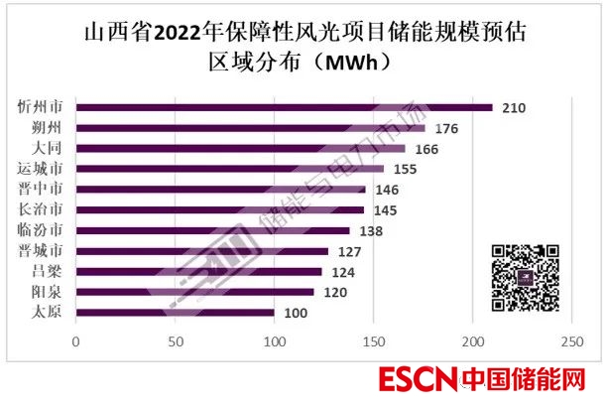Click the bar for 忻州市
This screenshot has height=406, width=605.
coord(284,107)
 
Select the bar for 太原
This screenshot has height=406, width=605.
coord(175,313)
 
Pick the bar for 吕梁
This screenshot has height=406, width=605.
coord(198,271)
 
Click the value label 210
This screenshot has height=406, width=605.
coord(512,107)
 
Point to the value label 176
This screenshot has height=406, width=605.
coord(445,128)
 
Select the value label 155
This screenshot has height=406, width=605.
coord(405,170)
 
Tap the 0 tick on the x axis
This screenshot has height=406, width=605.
coord(76,342)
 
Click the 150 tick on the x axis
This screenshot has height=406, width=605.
coord(373,342)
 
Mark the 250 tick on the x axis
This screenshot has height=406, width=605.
coord(570,342)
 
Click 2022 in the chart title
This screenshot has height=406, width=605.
coord(188,31)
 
